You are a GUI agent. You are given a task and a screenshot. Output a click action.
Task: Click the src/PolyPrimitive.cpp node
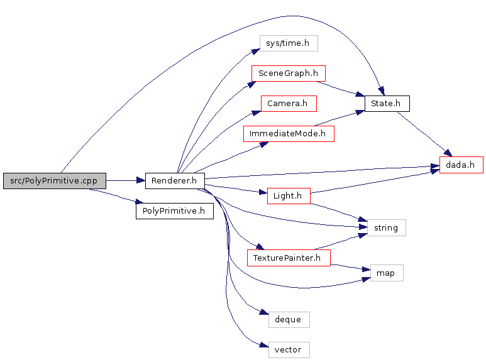pyautogui.click(x=55, y=180)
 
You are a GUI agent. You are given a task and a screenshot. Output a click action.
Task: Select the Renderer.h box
pyautogui.click(x=175, y=180)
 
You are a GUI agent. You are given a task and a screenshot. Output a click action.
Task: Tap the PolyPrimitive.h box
pyautogui.click(x=175, y=211)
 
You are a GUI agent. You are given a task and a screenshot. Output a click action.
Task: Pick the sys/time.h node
pyautogui.click(x=289, y=43)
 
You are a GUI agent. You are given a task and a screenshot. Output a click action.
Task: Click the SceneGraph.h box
pyautogui.click(x=288, y=74)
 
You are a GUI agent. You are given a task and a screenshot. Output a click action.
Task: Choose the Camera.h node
pyautogui.click(x=289, y=104)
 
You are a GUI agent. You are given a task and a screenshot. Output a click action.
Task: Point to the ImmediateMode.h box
pyautogui.click(x=289, y=134)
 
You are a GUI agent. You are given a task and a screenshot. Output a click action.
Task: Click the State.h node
pyautogui.click(x=387, y=104)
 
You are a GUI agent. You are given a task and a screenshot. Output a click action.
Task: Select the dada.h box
pyautogui.click(x=461, y=165)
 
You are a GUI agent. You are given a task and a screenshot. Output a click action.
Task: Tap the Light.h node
pyautogui.click(x=289, y=196)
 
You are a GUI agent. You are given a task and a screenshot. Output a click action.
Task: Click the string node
pyautogui.click(x=387, y=227)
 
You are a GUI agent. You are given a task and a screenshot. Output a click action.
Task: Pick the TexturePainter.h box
pyautogui.click(x=289, y=258)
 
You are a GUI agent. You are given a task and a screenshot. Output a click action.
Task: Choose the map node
pyautogui.click(x=387, y=273)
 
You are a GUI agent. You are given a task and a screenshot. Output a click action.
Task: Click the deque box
pyautogui.click(x=289, y=319)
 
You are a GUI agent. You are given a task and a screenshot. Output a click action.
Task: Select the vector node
pyautogui.click(x=289, y=350)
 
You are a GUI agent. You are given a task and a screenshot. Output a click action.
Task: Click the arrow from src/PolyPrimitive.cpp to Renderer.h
pyautogui.click(x=126, y=180)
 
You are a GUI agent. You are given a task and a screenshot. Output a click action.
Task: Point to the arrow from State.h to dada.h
pyautogui.click(x=424, y=134)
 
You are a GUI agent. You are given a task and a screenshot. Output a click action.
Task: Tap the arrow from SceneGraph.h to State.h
pyautogui.click(x=341, y=89)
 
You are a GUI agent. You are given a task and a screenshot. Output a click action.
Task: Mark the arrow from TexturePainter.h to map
pyautogui.click(x=351, y=268)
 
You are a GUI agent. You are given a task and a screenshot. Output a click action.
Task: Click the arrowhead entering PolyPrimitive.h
pyautogui.click(x=140, y=202)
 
